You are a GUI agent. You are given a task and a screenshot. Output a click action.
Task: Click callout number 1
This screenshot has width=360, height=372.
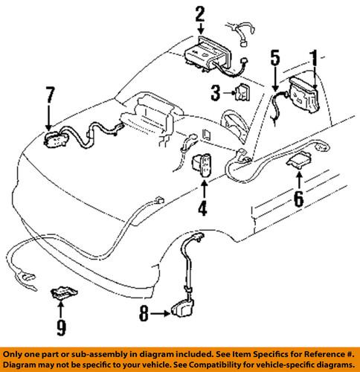314,57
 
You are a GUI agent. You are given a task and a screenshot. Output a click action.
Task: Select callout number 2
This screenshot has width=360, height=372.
199,12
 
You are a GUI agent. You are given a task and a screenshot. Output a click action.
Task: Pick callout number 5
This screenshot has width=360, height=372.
274,56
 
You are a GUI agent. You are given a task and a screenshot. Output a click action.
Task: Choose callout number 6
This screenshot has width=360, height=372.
299,199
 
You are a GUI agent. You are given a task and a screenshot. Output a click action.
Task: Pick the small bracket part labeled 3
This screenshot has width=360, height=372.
242,94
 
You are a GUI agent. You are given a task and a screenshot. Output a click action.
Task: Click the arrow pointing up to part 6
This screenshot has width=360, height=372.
299,180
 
